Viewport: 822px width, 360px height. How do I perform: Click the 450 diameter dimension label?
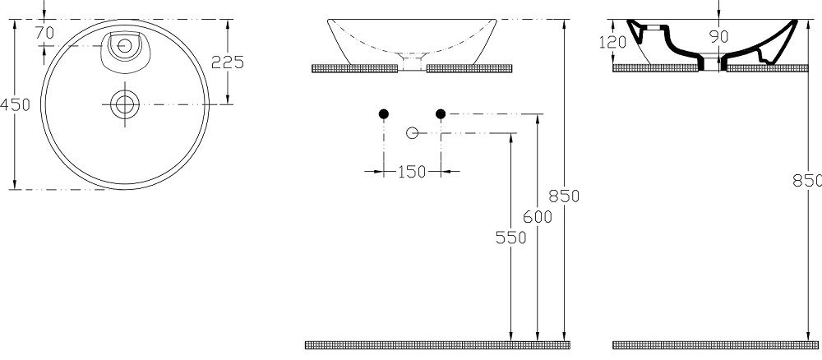point(15,105)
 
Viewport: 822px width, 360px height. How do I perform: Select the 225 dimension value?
point(228,62)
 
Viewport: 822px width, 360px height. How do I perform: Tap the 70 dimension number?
point(45,33)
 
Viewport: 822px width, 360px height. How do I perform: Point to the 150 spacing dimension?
point(412,172)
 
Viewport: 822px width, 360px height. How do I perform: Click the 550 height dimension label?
point(510,238)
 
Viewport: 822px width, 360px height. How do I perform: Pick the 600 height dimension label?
point(538,216)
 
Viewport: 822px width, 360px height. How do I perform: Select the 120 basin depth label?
point(612,42)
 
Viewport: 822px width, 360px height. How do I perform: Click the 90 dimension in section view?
point(718,37)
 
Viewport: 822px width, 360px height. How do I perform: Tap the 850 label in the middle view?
point(564,196)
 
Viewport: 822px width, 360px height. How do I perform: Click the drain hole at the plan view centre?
point(125,104)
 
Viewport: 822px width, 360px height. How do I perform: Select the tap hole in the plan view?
point(125,45)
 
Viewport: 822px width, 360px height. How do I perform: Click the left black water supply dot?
point(384,113)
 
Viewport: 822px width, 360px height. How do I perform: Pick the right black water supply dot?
point(441,113)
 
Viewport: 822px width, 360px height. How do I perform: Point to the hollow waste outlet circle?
point(412,133)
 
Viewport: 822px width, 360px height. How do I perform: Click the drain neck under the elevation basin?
point(412,62)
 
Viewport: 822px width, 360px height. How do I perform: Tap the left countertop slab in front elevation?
point(355,68)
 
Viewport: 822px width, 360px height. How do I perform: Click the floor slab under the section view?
point(715,345)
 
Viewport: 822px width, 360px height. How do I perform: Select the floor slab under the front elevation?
point(438,345)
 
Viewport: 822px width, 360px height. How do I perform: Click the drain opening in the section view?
point(712,62)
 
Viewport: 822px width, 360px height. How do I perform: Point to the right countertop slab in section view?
point(767,68)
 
